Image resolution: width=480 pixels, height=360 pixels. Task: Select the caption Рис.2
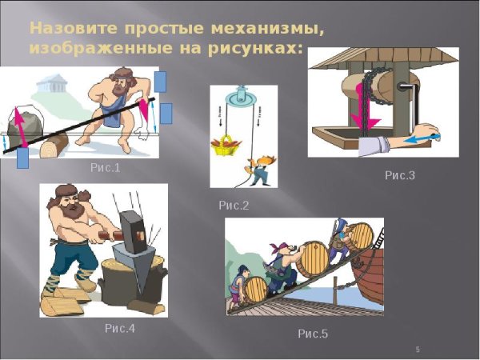(234, 206)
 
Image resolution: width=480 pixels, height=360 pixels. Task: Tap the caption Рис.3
(400, 175)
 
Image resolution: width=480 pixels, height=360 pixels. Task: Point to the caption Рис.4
(120, 328)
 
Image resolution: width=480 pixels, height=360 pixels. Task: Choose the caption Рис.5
(313, 333)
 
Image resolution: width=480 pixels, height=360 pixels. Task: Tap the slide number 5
(418, 350)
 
